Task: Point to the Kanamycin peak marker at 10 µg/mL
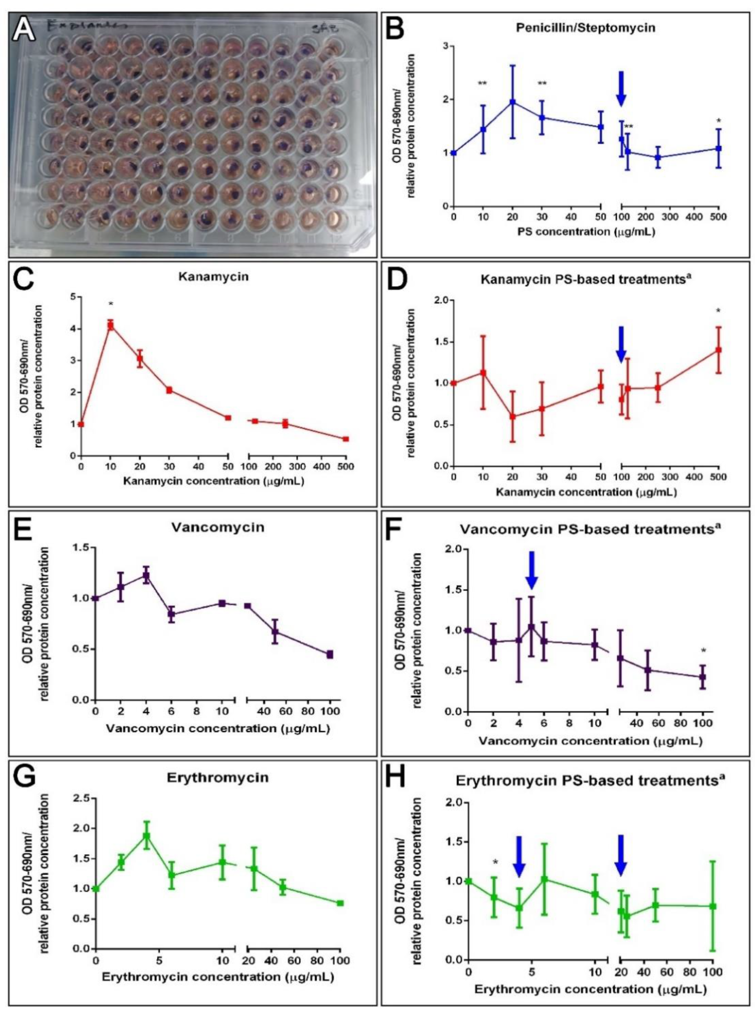click(110, 325)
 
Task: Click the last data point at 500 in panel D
click(718, 350)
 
